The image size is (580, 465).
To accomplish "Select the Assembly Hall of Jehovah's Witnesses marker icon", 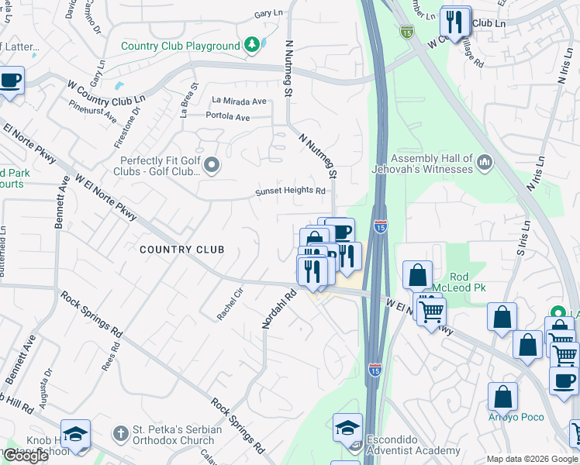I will (485, 163).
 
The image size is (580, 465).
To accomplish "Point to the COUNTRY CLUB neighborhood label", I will (181, 250).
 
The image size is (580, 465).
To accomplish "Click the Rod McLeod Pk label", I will (468, 281).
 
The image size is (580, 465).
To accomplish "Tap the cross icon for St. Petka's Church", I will (120, 431).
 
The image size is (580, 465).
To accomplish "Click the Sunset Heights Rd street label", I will (291, 191).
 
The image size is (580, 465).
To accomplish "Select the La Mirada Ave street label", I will (239, 102).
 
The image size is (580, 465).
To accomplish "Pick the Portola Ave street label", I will (228, 118).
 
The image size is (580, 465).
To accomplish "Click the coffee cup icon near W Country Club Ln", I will (10, 81).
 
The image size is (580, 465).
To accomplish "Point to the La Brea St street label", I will (185, 101).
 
